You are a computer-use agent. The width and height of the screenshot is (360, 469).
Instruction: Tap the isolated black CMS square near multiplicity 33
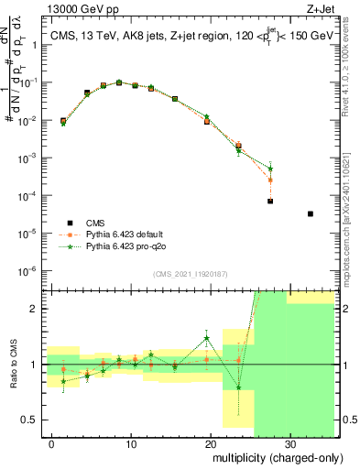point(311,213)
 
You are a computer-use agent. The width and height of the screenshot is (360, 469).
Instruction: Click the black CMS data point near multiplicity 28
point(270,201)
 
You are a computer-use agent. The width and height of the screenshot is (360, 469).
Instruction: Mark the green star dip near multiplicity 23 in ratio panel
point(238,387)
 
